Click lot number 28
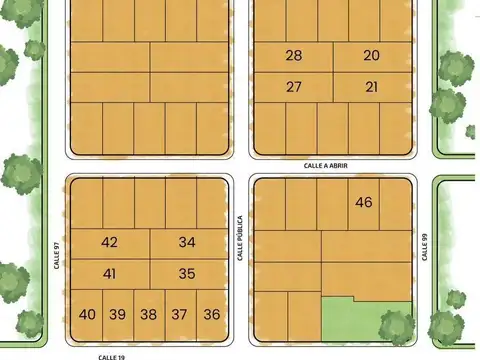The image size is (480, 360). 293,56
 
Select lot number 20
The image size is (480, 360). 371,56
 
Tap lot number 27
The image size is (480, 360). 293,87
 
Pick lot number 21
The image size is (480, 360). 371,87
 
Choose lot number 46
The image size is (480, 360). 363,202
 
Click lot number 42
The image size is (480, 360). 110,242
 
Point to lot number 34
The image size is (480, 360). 187,242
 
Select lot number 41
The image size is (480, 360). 110,273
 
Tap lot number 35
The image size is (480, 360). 187,273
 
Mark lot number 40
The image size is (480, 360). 87,314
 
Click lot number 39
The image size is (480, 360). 117,314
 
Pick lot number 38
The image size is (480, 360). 148,314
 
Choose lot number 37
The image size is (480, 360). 179,314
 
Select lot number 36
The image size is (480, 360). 211,314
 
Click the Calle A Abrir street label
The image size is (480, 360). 326,165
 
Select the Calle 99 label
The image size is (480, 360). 424,246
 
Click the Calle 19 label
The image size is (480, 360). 111,355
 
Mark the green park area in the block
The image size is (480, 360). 365,322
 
